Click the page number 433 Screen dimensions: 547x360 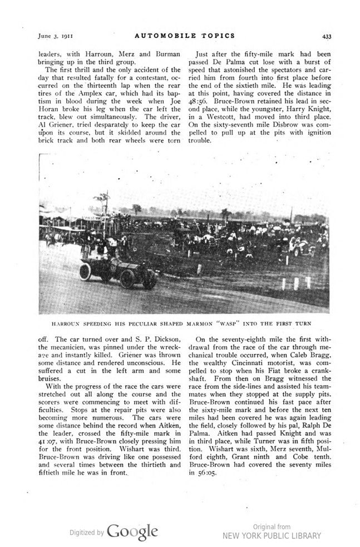326,37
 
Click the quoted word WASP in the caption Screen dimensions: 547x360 230,323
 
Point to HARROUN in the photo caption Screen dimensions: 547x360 66,323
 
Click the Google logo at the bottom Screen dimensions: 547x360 132,533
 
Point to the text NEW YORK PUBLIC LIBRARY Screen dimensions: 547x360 272,536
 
